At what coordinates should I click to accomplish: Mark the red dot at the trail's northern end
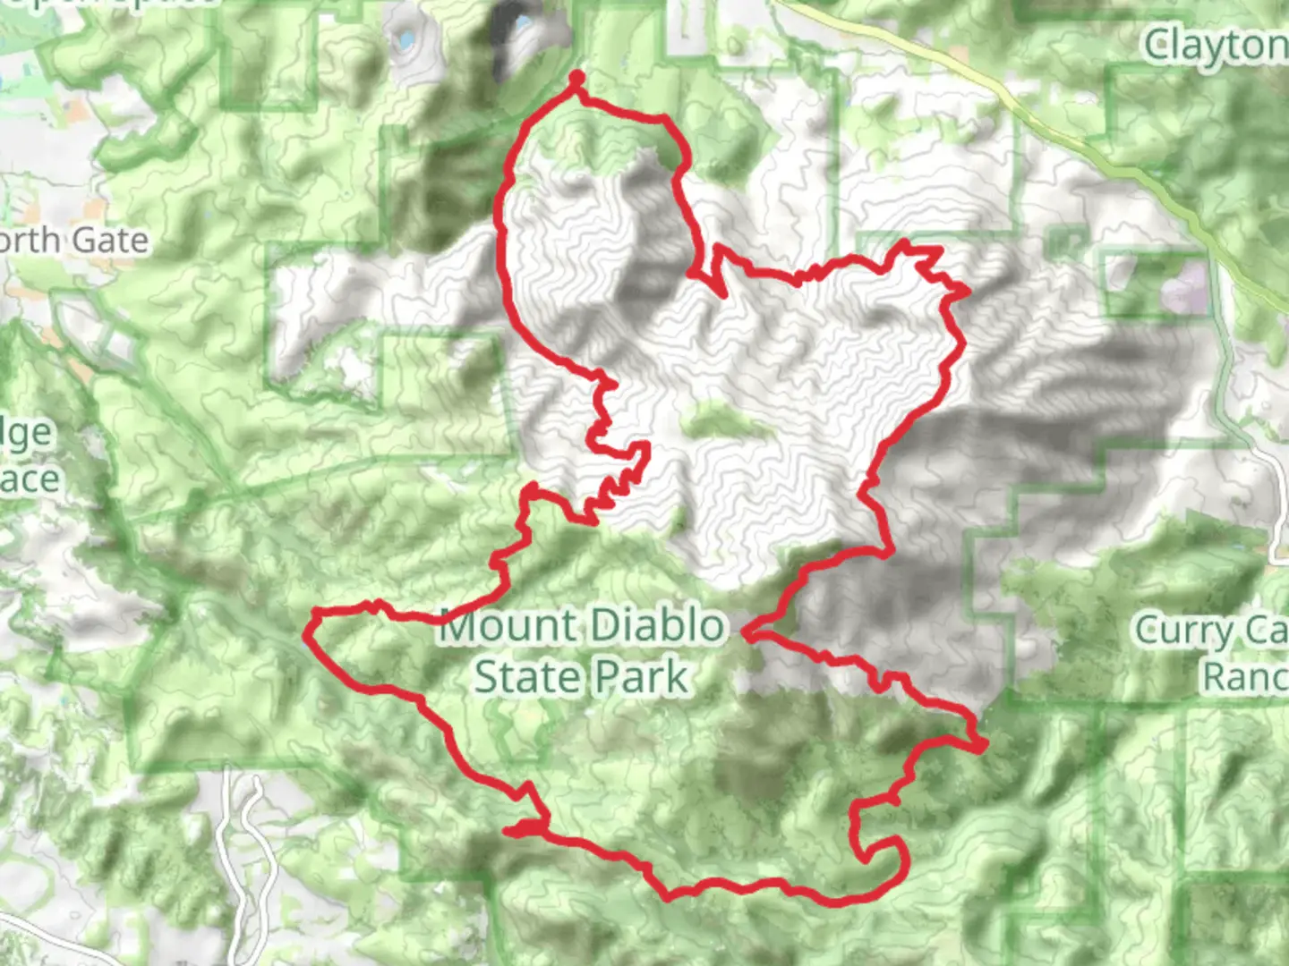pyautogui.click(x=576, y=78)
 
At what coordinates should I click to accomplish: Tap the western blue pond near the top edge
pyautogui.click(x=405, y=39)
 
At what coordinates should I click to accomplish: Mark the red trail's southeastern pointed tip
pyautogui.click(x=983, y=744)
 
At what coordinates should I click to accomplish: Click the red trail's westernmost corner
pyautogui.click(x=307, y=637)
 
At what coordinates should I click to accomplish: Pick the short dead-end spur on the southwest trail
pyautogui.click(x=510, y=831)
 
